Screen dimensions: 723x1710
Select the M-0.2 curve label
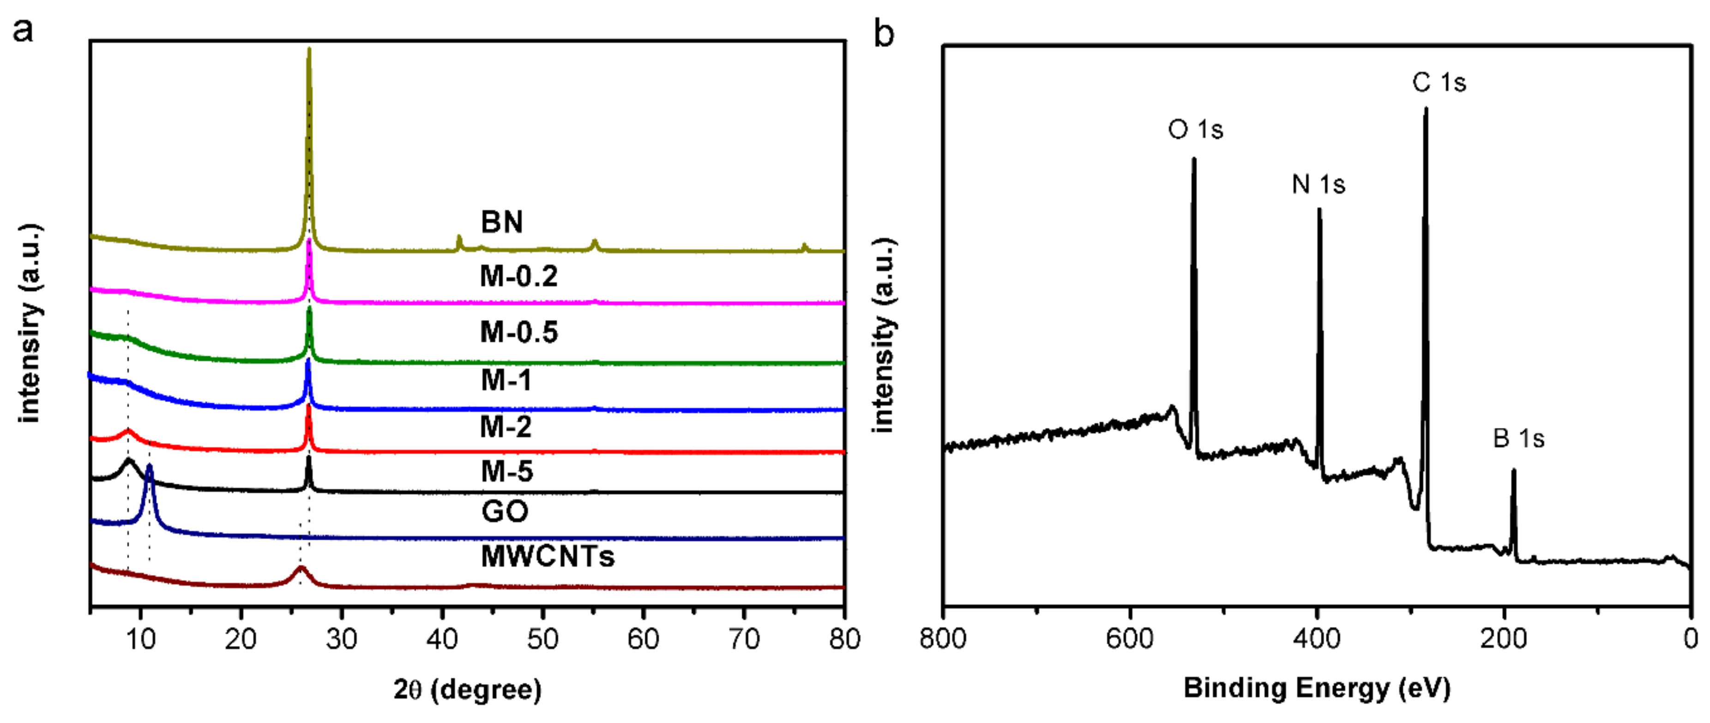coord(518,276)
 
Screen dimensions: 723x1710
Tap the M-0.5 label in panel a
coord(518,332)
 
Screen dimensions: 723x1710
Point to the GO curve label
coord(505,511)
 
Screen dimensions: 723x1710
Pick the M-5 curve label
coord(506,472)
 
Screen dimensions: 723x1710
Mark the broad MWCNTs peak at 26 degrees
coord(301,569)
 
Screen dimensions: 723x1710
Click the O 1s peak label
coord(1195,130)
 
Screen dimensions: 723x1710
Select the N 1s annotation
coord(1319,184)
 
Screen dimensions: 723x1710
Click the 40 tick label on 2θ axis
coord(442,640)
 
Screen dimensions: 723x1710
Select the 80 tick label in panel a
coord(844,640)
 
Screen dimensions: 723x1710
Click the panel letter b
coord(884,33)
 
